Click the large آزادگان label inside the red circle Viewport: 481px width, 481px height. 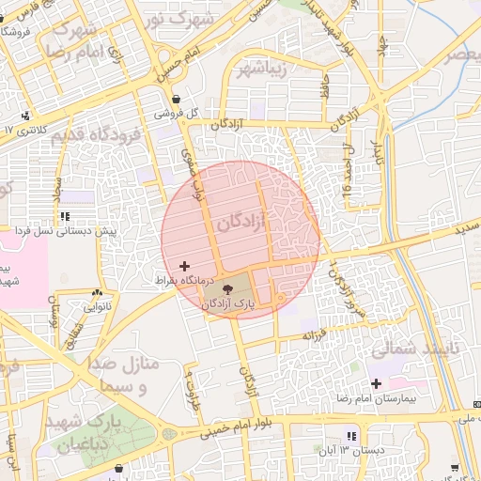tap(241, 223)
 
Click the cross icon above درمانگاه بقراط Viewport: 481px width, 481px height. tap(183, 267)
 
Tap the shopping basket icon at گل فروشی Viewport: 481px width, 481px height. tap(176, 99)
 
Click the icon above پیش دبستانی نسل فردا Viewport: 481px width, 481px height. tap(64, 216)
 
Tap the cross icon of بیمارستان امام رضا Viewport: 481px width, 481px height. tap(376, 382)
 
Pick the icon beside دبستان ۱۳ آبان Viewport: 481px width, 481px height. tap(350, 437)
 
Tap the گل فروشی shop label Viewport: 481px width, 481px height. tap(178, 114)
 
